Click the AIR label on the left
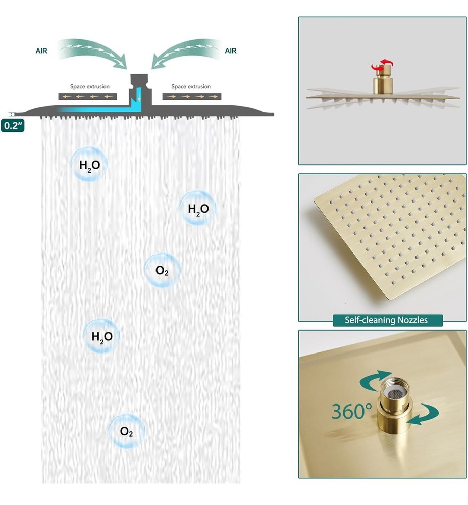[41, 51]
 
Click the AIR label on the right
[230, 51]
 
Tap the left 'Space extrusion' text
[90, 87]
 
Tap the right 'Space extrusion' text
[191, 87]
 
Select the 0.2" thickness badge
[13, 126]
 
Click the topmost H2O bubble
[89, 164]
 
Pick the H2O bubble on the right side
[198, 208]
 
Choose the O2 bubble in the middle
[162, 270]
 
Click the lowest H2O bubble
[101, 336]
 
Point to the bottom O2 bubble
[127, 431]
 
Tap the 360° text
[351, 411]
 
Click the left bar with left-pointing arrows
[87, 96]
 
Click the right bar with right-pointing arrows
[192, 96]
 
